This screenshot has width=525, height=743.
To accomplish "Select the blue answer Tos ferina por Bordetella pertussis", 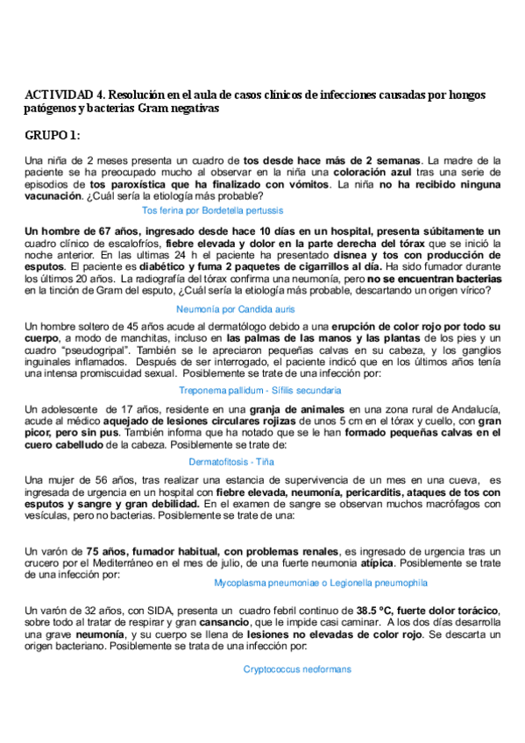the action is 212,211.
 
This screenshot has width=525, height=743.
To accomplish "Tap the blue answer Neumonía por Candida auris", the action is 235,309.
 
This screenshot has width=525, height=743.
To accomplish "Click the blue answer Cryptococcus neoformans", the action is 297,669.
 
